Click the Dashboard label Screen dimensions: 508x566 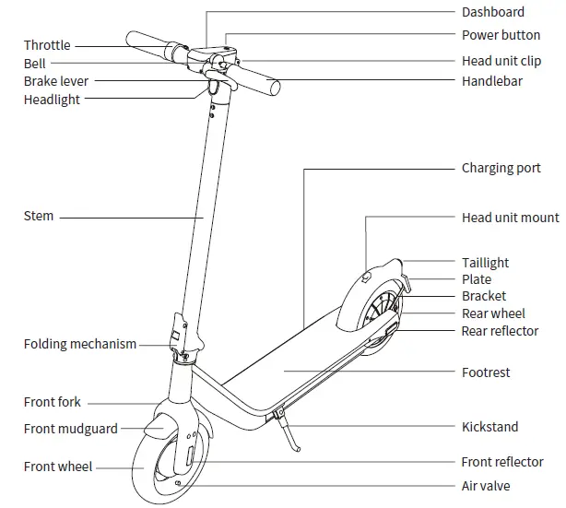click(492, 12)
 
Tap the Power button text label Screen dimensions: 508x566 click(501, 35)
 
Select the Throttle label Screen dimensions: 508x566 click(47, 45)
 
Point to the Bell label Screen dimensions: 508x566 click(34, 64)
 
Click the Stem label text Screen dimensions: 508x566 click(39, 217)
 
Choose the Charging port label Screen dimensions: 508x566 click(501, 170)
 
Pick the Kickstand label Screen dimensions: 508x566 click(489, 427)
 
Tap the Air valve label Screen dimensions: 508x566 click(485, 486)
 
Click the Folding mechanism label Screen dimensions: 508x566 click(80, 344)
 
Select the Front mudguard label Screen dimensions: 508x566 click(69, 429)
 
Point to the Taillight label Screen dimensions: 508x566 click(485, 263)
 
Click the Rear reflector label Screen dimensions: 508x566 click(500, 331)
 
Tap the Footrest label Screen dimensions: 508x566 click(486, 372)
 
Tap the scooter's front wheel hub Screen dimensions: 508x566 click(175, 458)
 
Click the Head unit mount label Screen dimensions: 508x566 click(510, 219)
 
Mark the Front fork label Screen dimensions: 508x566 click(53, 402)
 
